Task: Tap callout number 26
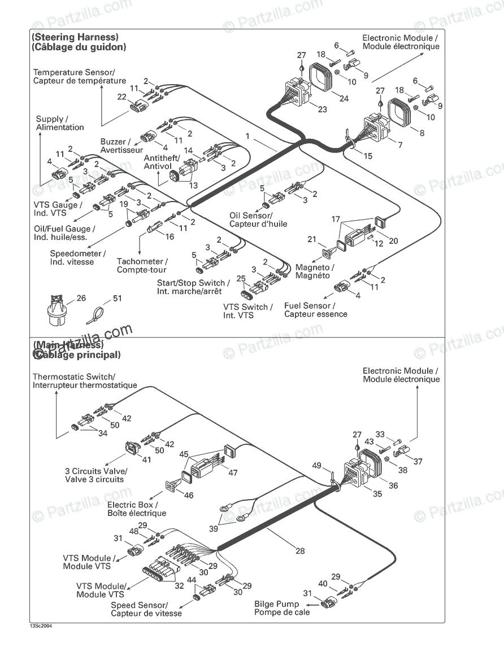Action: [x=81, y=297]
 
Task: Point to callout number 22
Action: [x=121, y=97]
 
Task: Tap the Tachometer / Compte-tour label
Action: [x=142, y=265]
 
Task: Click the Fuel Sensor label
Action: [x=315, y=309]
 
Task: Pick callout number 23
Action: [x=323, y=109]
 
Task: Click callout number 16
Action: [x=170, y=237]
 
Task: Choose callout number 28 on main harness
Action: [x=300, y=551]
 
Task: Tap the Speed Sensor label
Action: [x=146, y=609]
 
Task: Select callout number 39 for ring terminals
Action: [x=214, y=528]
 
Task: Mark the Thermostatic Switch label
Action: [x=85, y=380]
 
